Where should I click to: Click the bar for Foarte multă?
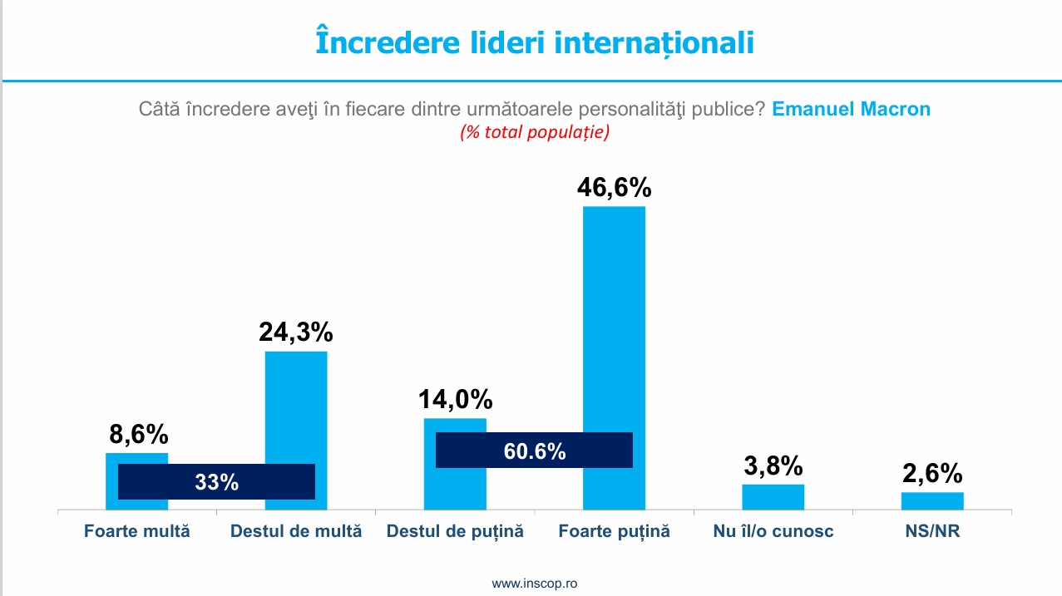click(x=136, y=459)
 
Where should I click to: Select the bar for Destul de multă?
click(x=296, y=407)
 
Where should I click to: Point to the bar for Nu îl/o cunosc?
click(x=773, y=496)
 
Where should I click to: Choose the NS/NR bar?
click(x=932, y=500)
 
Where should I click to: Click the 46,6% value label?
click(x=615, y=186)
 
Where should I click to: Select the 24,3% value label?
click(x=296, y=332)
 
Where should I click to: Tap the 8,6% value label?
click(x=138, y=434)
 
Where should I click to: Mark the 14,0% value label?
click(x=455, y=400)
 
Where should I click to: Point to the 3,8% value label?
click(x=773, y=465)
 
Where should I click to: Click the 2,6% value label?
click(x=932, y=474)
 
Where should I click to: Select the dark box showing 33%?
click(x=216, y=481)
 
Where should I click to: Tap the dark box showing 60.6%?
click(x=534, y=451)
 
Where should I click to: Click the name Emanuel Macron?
click(x=851, y=109)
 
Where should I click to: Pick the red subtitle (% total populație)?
click(x=535, y=132)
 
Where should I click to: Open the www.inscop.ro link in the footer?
click(x=534, y=584)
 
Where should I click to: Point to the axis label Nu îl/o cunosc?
click(x=773, y=531)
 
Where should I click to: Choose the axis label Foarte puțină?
click(x=614, y=531)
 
